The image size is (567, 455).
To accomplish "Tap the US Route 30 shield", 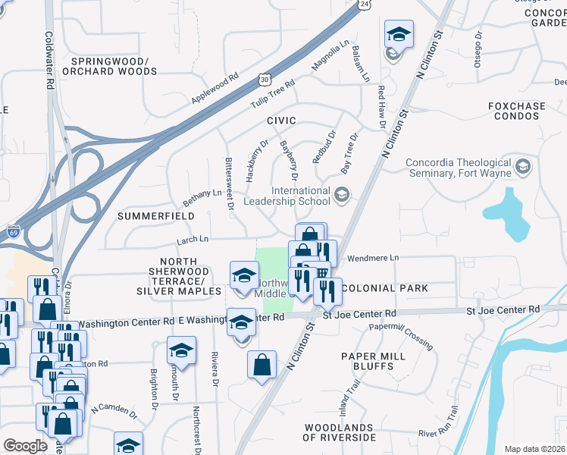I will pos(263,79).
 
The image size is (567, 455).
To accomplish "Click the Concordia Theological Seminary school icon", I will pos(523,168).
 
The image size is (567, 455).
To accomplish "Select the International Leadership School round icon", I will pos(341,196).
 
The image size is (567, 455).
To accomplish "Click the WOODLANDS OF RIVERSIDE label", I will pos(339,433).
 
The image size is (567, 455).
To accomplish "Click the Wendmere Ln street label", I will pos(372,259).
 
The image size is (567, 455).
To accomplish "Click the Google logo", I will pos(26,445).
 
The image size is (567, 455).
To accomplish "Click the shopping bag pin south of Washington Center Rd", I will pos(262,363).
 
